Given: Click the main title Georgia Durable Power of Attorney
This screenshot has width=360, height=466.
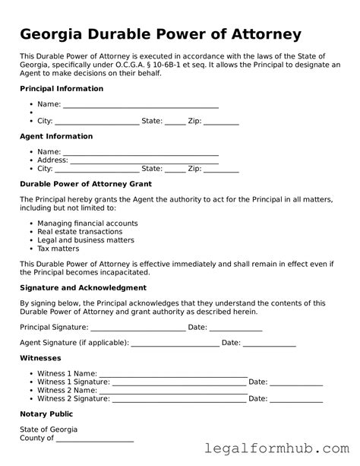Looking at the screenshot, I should (160, 34).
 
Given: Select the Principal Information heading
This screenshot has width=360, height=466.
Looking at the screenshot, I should (62, 89).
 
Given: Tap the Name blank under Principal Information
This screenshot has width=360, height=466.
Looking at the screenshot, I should (141, 104).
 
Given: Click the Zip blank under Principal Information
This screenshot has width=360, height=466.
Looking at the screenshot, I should (221, 121).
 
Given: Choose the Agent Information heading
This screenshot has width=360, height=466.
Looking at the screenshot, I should (56, 137).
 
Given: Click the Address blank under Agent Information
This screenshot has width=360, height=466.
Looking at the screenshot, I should (144, 160).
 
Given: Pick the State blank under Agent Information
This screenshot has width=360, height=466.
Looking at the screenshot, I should (175, 169).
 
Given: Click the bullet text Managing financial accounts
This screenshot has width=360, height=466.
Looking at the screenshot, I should (87, 223).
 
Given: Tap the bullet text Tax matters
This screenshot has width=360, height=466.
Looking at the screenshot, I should (58, 249).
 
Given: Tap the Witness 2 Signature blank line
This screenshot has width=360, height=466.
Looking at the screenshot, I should (178, 398).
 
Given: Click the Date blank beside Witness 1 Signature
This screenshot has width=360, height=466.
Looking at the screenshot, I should (296, 382).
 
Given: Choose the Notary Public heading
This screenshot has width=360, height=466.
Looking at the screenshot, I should (46, 414).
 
